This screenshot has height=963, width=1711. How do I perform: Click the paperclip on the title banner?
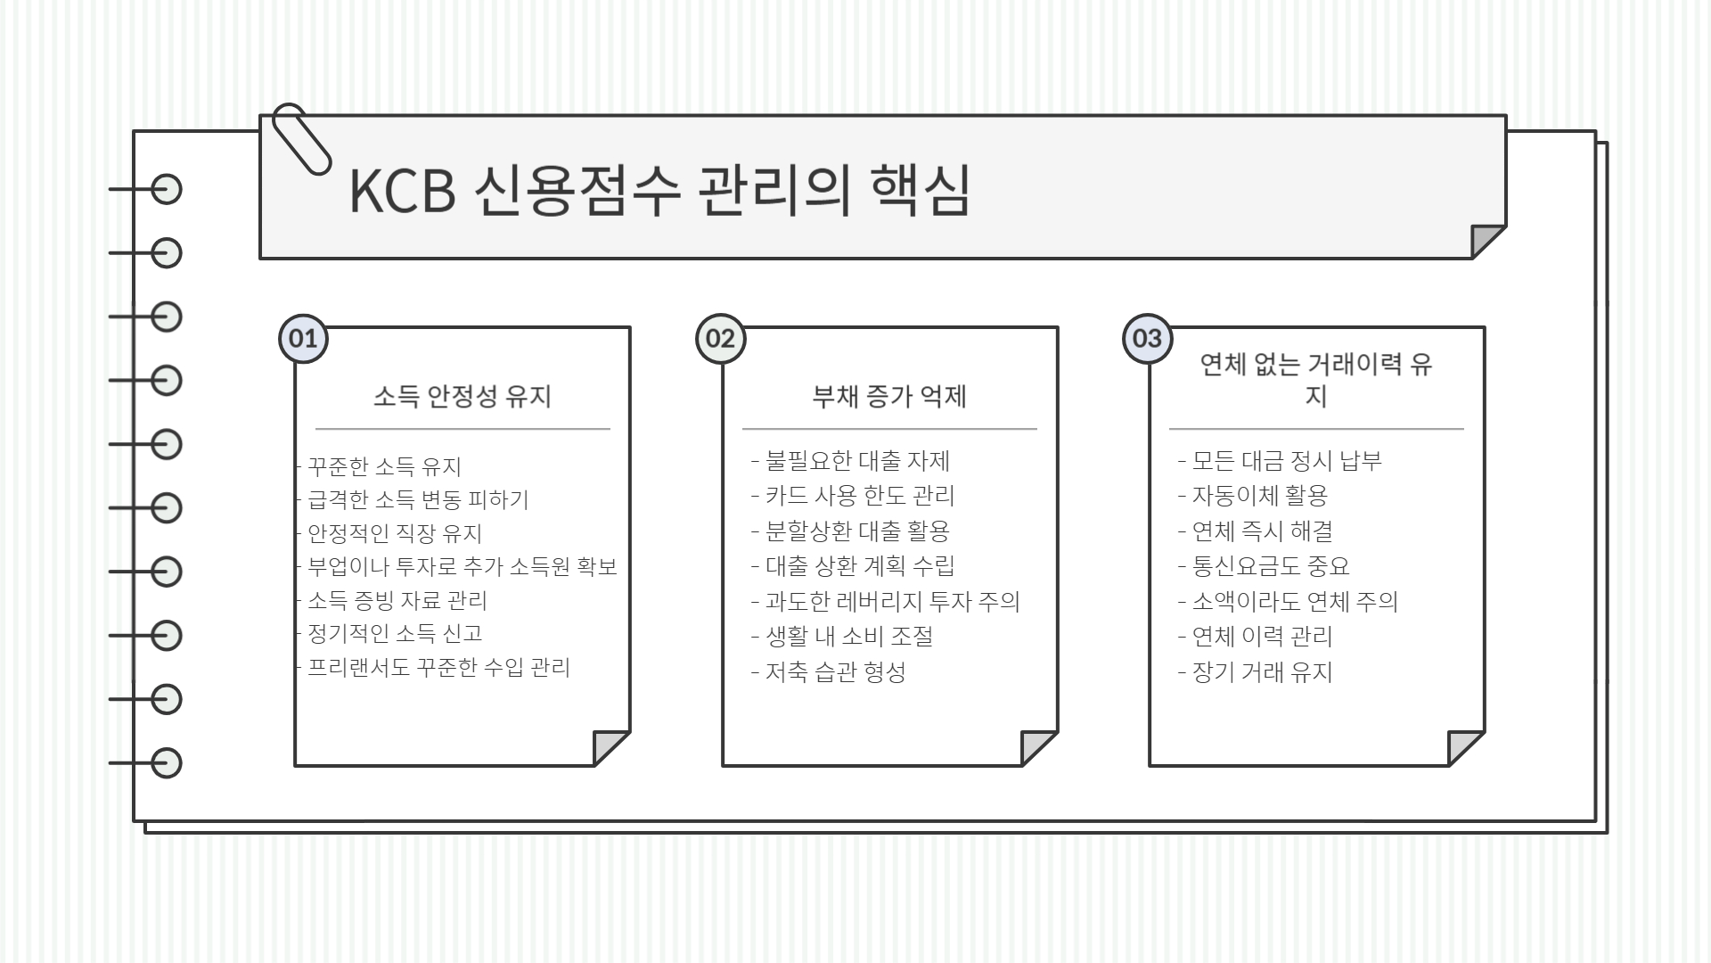(x=300, y=137)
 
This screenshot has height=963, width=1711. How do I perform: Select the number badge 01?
(x=303, y=339)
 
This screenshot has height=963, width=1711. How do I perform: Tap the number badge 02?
(x=720, y=339)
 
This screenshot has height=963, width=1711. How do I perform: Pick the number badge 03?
(x=1147, y=339)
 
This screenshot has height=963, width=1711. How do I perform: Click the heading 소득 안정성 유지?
(x=463, y=396)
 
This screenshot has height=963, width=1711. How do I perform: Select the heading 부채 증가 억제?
(x=889, y=396)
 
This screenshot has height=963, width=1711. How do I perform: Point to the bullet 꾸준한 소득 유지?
(x=384, y=466)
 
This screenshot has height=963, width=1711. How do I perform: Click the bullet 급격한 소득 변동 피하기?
(x=418, y=499)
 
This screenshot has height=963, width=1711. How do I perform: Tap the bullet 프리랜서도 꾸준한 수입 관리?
(x=438, y=667)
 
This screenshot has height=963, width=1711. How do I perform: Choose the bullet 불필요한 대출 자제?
(x=857, y=461)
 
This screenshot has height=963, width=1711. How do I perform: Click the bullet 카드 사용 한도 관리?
(x=859, y=496)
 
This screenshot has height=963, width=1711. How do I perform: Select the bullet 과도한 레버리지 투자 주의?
(x=892, y=601)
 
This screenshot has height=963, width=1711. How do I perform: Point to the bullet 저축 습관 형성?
(x=835, y=671)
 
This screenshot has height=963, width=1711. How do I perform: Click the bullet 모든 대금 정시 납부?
(x=1287, y=461)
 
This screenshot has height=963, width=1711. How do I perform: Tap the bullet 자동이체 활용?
(x=1259, y=496)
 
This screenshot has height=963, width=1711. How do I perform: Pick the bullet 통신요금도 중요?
(x=1271, y=566)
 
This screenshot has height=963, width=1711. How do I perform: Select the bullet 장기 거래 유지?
(x=1262, y=671)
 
